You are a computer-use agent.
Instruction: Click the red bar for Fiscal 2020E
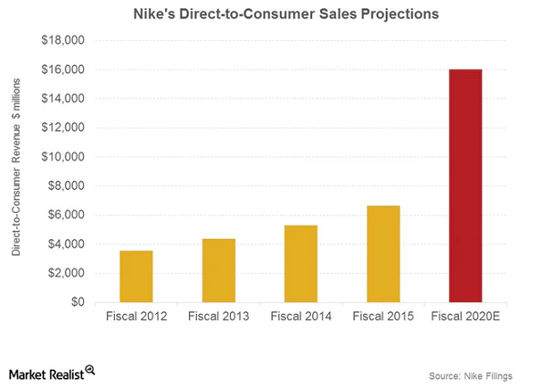pyautogui.click(x=465, y=185)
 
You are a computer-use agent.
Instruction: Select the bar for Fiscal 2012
pyautogui.click(x=136, y=276)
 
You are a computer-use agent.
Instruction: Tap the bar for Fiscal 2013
pyautogui.click(x=218, y=270)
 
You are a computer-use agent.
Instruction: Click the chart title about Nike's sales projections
pyautogui.click(x=270, y=15)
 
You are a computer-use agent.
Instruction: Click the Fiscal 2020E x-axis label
pyautogui.click(x=465, y=318)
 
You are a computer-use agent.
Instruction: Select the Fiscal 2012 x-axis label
pyautogui.click(x=136, y=318)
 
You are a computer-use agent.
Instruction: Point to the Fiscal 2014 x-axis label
pyautogui.click(x=300, y=318)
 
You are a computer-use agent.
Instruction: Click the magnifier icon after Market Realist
pyautogui.click(x=90, y=371)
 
